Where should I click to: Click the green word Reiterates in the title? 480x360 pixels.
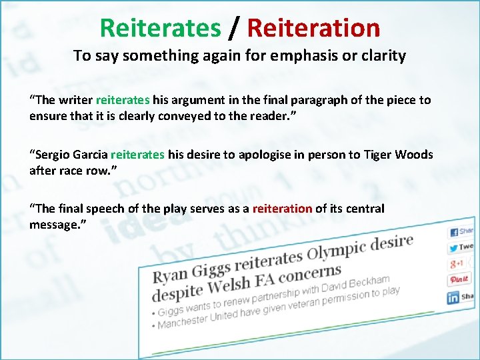click(x=159, y=28)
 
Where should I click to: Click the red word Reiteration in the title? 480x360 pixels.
click(x=313, y=28)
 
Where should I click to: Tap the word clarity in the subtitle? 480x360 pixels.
click(x=381, y=56)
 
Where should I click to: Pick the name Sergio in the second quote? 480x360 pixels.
click(x=53, y=155)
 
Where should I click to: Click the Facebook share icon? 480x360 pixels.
click(x=454, y=232)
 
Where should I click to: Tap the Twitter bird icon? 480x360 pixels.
click(x=454, y=248)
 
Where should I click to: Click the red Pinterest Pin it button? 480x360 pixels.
click(x=459, y=279)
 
